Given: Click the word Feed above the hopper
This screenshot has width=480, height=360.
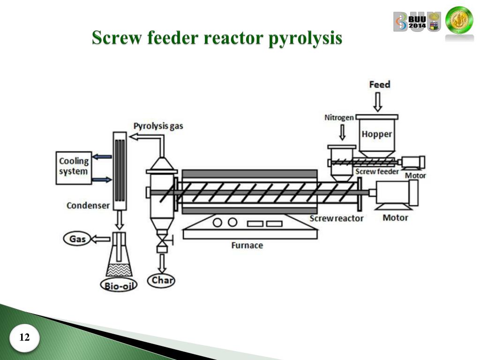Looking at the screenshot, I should [x=379, y=85].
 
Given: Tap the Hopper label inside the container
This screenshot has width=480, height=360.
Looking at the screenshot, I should [x=376, y=135].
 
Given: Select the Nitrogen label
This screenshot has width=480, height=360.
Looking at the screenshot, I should [x=339, y=118].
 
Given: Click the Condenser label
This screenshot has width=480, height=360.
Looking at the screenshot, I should [x=88, y=205].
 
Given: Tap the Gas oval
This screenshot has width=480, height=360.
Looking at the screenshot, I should [x=77, y=239].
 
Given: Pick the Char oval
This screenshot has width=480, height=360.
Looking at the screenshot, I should [x=162, y=280].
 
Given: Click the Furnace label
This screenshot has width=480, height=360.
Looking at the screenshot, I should [x=247, y=245].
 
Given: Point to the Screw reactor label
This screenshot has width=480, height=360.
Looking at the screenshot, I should [x=336, y=218].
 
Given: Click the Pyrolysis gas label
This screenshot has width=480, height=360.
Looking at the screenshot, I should [x=158, y=126].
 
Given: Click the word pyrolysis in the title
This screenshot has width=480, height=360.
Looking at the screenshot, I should [x=305, y=38].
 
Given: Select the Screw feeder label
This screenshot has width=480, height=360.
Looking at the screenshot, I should [x=377, y=172].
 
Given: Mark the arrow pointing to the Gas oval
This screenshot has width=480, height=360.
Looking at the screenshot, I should [x=99, y=239].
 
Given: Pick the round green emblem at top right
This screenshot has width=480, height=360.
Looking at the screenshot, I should [x=459, y=21].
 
